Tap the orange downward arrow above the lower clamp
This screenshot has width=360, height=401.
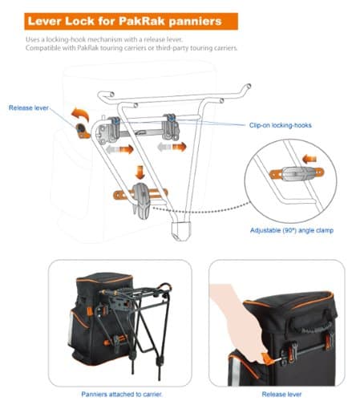[x=140, y=171]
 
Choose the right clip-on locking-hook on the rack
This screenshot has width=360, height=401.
[x=171, y=124]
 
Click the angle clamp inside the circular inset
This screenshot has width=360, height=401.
[x=293, y=172]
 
